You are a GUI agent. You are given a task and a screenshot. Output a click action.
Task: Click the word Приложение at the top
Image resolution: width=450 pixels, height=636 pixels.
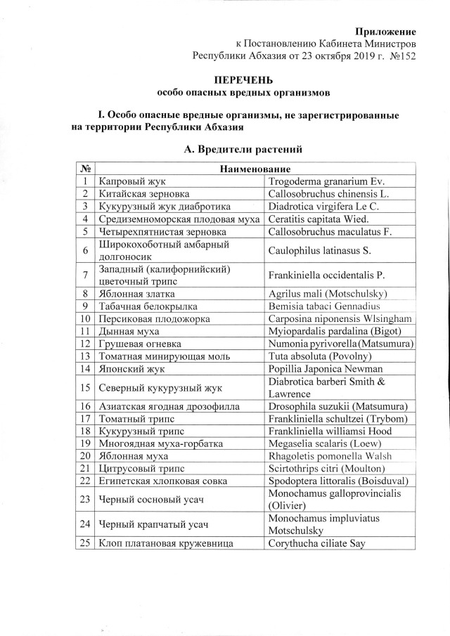pyautogui.click(x=385, y=32)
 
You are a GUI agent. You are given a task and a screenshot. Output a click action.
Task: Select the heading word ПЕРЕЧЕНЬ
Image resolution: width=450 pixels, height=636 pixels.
pyautogui.click(x=243, y=80)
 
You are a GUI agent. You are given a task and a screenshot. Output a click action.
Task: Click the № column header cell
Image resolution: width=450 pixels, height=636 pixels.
pyautogui.click(x=85, y=169)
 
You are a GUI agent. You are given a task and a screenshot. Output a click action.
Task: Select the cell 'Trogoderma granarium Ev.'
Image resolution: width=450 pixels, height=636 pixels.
pyautogui.click(x=326, y=181)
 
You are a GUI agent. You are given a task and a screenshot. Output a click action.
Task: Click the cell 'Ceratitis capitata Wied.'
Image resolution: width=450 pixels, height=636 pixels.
pyautogui.click(x=321, y=219)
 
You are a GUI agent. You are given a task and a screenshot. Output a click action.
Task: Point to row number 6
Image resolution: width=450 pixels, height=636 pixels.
pyautogui.click(x=85, y=250)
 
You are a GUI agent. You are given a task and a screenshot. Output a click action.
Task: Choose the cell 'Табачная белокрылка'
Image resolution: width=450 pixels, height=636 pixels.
pyautogui.click(x=148, y=306)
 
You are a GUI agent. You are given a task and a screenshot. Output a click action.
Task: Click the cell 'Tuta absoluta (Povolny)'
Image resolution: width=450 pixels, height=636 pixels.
pyautogui.click(x=320, y=356)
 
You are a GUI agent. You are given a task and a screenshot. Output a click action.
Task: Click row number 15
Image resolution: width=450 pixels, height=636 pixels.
pyautogui.click(x=85, y=387)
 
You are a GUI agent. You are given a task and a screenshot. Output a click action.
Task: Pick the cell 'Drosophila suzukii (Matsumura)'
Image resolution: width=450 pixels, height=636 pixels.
pyautogui.click(x=338, y=406)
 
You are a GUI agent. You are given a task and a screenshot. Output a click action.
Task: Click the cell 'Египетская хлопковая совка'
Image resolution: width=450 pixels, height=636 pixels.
pyautogui.click(x=164, y=481)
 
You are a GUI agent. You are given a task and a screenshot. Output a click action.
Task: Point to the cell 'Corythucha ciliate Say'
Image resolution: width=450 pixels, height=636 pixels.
pyautogui.click(x=317, y=543)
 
